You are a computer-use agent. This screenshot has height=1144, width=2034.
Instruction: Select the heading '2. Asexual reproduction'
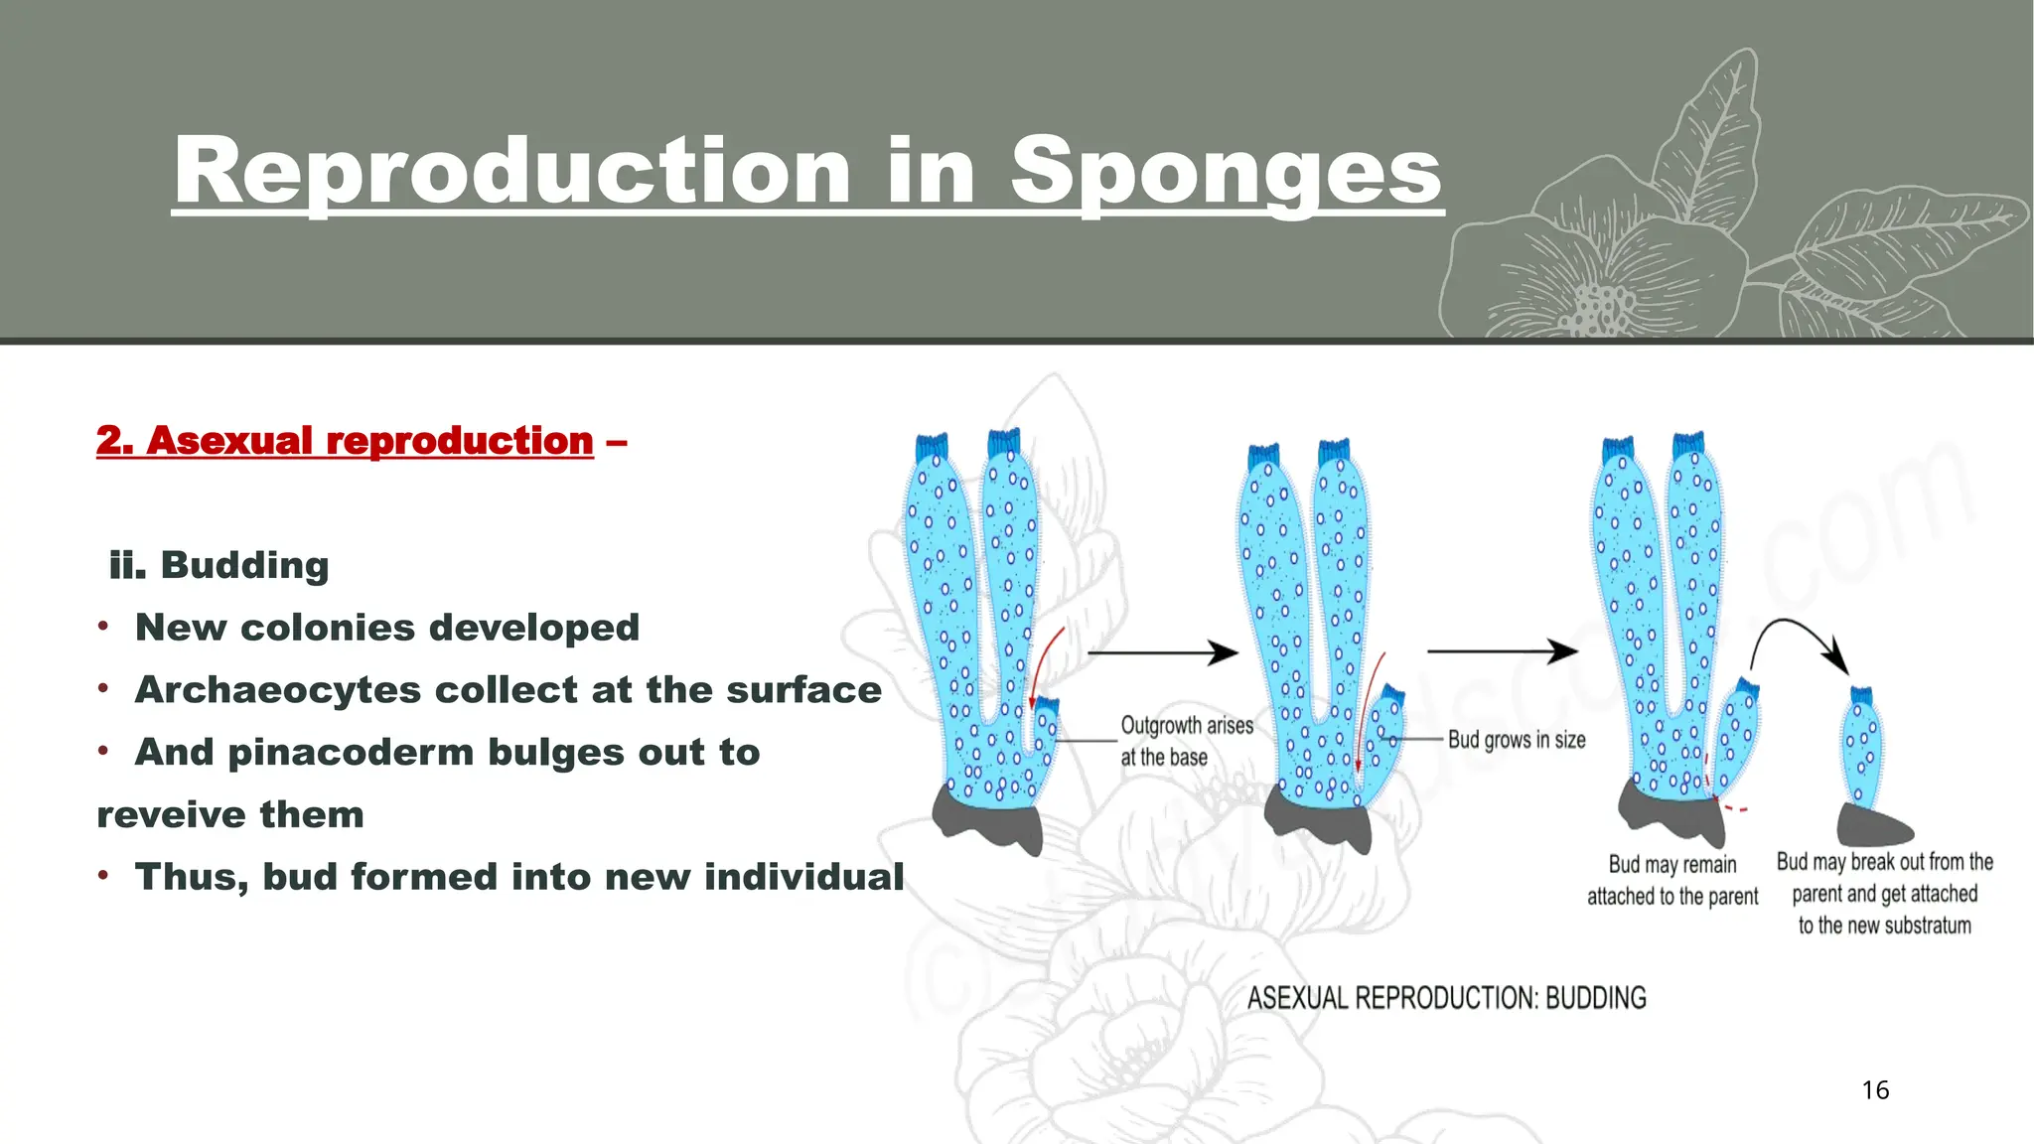pos(345,440)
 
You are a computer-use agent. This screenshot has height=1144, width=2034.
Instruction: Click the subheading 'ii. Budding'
pos(219,565)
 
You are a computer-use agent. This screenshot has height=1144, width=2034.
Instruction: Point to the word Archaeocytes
pos(278,690)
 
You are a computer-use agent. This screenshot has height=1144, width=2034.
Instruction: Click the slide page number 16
pos(1875,1090)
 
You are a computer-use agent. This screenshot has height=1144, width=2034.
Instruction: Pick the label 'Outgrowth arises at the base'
pos(1186,741)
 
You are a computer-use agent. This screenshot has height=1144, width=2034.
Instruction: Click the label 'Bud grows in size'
pos(1517,740)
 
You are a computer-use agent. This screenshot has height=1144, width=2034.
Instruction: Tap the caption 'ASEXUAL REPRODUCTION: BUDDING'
pos(1446,998)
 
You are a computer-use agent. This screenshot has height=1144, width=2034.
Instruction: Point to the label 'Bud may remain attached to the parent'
pos(1672,881)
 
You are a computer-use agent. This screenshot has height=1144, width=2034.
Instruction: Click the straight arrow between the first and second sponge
pos(1163,652)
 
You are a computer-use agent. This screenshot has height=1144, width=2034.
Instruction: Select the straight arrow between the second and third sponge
pos(1502,651)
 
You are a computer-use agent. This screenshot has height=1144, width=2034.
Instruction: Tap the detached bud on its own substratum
pos(1862,750)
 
